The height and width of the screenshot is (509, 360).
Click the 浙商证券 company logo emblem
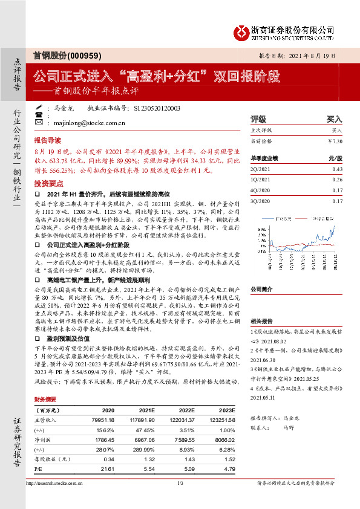pos(241,31)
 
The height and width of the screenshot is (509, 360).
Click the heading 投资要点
pos(48,182)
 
